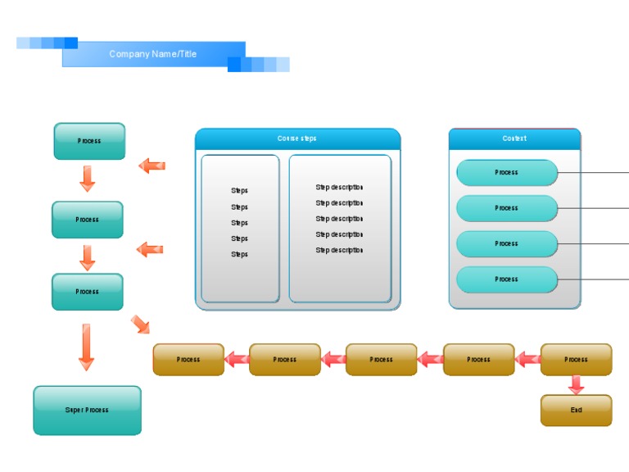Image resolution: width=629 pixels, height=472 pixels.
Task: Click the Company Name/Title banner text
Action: (x=153, y=54)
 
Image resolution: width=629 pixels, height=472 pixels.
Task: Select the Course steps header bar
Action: (x=297, y=139)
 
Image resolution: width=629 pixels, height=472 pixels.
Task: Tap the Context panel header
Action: (x=514, y=139)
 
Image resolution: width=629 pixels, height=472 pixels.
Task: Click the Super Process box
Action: (x=87, y=410)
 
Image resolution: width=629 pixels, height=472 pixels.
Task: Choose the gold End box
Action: (x=576, y=410)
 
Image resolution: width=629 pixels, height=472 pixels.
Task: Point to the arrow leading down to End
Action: (x=576, y=384)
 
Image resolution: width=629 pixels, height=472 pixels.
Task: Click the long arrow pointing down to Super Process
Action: (x=86, y=347)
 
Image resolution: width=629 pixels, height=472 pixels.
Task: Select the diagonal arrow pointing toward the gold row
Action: (x=140, y=324)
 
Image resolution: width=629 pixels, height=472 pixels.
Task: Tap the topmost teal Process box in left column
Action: (x=89, y=141)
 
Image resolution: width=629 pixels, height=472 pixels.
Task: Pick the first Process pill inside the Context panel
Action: (x=506, y=173)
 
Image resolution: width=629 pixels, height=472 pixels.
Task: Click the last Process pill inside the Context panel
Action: (x=506, y=279)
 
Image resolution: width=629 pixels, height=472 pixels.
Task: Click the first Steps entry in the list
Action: (x=239, y=191)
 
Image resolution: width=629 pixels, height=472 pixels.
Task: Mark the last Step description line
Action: (x=339, y=251)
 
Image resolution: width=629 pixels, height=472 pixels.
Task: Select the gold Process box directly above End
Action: (x=576, y=359)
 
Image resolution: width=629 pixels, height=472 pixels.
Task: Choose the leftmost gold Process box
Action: (x=188, y=359)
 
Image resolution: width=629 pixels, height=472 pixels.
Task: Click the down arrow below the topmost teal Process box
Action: (x=87, y=179)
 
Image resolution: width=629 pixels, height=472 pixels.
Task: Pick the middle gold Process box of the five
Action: (x=381, y=359)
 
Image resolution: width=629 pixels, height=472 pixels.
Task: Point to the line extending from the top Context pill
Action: (x=594, y=173)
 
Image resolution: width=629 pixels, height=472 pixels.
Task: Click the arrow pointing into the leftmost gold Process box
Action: (x=237, y=359)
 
